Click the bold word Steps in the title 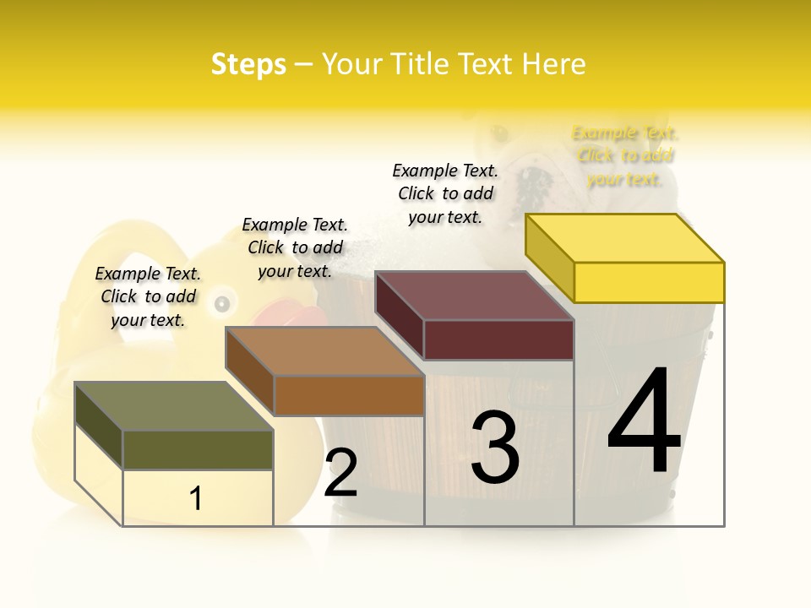click(248, 64)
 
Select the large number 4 click(644, 423)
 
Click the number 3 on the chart click(495, 448)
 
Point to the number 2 click(340, 473)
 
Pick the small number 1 click(196, 499)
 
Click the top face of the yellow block click(625, 238)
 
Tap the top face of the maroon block click(474, 296)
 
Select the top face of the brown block click(324, 351)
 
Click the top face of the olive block click(173, 406)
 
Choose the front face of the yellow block click(649, 282)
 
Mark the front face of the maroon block click(498, 339)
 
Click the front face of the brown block click(349, 395)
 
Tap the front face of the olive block click(198, 449)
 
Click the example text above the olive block click(148, 296)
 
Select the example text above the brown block click(295, 247)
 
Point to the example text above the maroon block click(445, 193)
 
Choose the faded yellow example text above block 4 click(625, 155)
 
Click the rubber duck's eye click(222, 303)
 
